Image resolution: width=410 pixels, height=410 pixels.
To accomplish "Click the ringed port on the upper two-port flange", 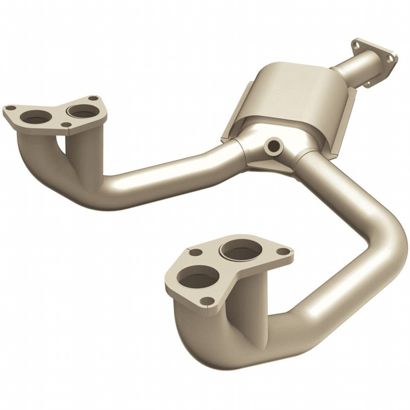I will [x=83, y=111].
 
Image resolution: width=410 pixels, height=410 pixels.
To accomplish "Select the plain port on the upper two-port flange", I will [x=36, y=117].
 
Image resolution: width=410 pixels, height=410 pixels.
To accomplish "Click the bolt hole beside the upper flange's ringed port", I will [x=93, y=98].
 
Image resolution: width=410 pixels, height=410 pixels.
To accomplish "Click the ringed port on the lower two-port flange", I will [x=241, y=250].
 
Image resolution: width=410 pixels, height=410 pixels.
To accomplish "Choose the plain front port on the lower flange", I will [x=197, y=277].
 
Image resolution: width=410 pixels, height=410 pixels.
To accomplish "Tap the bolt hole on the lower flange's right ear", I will [x=283, y=251].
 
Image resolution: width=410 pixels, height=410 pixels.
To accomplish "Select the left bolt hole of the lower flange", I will [x=195, y=253].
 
